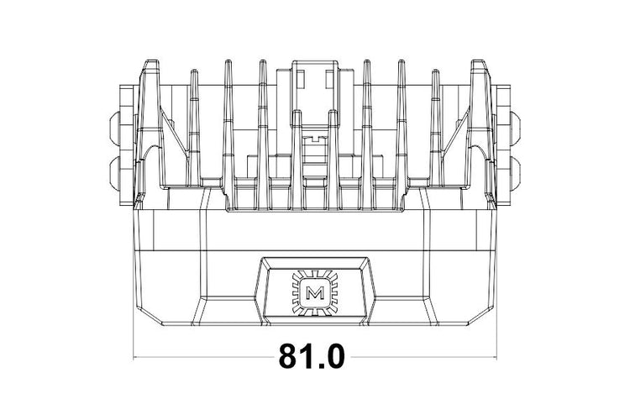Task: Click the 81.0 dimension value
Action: (x=312, y=357)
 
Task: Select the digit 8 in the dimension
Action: (x=289, y=357)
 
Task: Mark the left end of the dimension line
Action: (x=134, y=358)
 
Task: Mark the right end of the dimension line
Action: (x=496, y=358)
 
